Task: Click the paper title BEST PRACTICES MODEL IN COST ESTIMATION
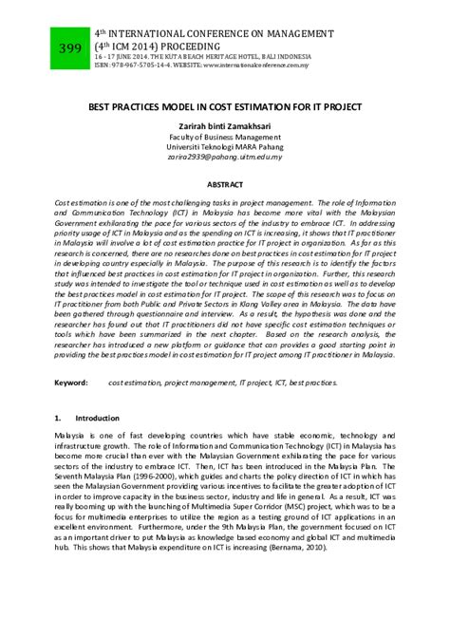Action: coord(225,107)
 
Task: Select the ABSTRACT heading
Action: coord(225,183)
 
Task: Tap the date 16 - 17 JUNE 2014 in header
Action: coord(119,57)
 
